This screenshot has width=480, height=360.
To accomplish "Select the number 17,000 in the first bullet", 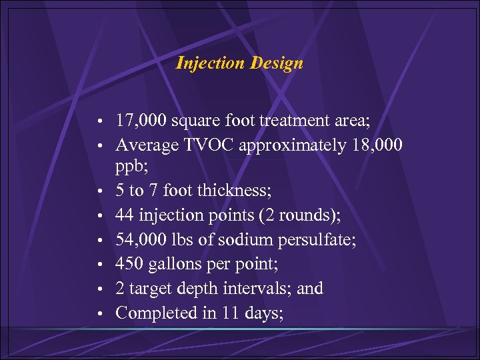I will [x=138, y=121].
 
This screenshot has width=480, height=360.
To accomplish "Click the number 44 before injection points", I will [x=124, y=216].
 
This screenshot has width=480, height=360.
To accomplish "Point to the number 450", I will [x=127, y=264].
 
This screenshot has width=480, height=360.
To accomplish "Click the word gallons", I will [x=169, y=264].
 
